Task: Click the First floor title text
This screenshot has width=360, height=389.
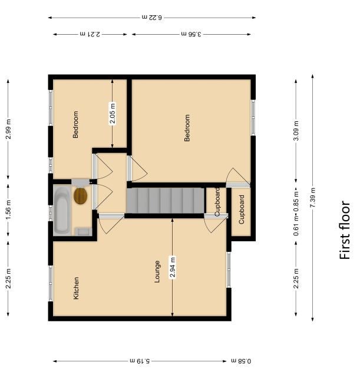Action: click(x=345, y=230)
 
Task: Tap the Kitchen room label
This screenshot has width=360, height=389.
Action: click(x=76, y=288)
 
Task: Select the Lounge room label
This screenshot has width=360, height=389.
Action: click(x=157, y=271)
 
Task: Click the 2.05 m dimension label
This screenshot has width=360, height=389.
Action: click(x=113, y=114)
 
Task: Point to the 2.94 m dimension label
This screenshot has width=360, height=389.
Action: click(x=173, y=267)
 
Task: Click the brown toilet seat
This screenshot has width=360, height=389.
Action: click(x=81, y=196)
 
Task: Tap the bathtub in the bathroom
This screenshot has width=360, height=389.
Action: click(x=61, y=211)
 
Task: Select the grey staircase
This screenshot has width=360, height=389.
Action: click(x=166, y=201)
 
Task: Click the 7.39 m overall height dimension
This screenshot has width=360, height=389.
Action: click(x=312, y=198)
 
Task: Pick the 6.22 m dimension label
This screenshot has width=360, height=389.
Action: click(x=152, y=18)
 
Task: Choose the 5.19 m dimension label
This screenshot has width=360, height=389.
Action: click(x=140, y=361)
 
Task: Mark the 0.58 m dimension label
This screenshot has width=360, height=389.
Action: click(x=241, y=361)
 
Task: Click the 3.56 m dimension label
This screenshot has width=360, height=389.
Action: click(x=191, y=34)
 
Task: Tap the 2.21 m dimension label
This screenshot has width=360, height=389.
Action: click(x=90, y=34)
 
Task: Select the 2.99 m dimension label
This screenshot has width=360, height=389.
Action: click(x=8, y=129)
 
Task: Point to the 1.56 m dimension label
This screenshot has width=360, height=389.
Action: click(x=8, y=210)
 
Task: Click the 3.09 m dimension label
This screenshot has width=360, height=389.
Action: click(x=296, y=131)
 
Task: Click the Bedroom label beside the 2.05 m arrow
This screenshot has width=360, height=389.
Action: click(x=75, y=124)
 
